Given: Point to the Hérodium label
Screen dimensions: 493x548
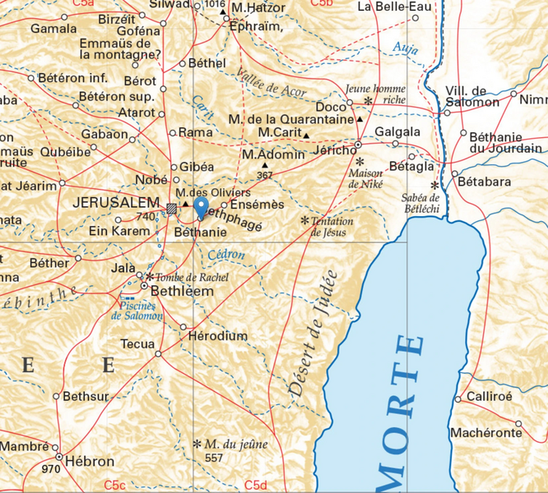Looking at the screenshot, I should click(217, 336).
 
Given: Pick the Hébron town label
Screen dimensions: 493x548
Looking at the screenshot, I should click(89, 461).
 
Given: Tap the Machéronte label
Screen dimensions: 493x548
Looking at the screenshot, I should click(486, 432).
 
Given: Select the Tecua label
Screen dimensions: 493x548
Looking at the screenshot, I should click(137, 343).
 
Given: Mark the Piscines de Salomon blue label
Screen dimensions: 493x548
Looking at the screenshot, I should click(137, 310).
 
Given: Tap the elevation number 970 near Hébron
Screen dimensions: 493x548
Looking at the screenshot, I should click(50, 469).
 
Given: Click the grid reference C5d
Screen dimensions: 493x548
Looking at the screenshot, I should click(256, 486).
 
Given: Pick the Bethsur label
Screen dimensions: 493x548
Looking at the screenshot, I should click(86, 396).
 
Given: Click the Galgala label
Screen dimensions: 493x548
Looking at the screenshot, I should click(397, 131).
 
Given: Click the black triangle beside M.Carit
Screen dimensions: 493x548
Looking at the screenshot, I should click(306, 135).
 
